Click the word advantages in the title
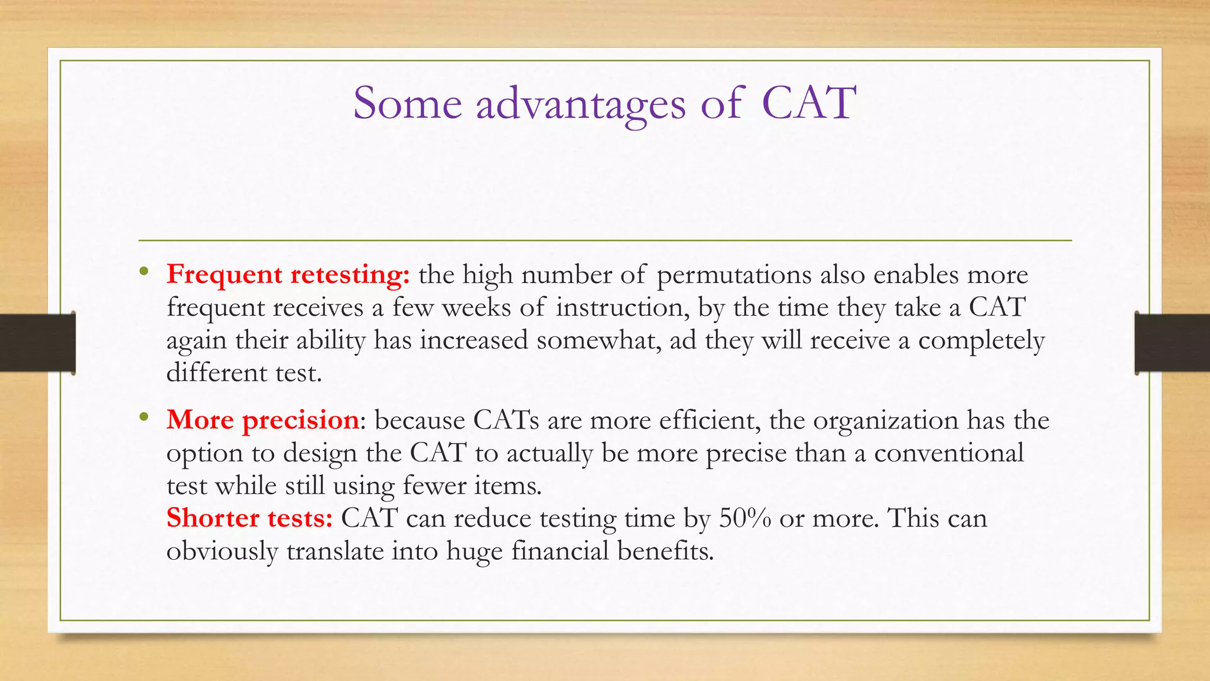[x=580, y=103]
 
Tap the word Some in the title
[x=407, y=103]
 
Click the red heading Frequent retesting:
[x=288, y=275]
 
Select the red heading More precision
[x=262, y=420]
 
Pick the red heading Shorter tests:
[x=249, y=518]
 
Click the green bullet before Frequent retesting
[x=144, y=273]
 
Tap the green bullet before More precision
[x=144, y=418]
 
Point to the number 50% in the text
[x=745, y=518]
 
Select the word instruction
[x=620, y=308]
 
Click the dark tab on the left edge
[x=37, y=343]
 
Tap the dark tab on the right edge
[x=1172, y=343]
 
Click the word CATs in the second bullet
[x=506, y=420]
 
